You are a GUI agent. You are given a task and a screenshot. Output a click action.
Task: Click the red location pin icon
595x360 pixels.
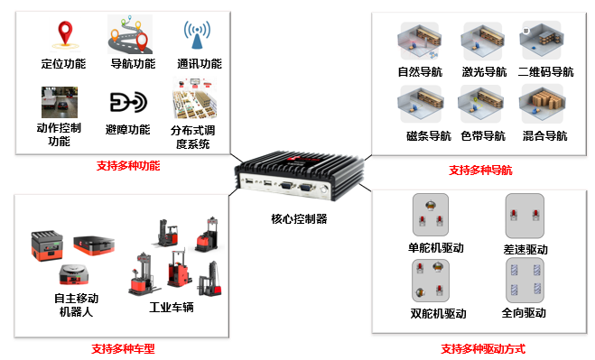pyautogui.click(x=63, y=34)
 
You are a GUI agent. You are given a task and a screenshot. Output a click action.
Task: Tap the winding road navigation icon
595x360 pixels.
pyautogui.click(x=132, y=34)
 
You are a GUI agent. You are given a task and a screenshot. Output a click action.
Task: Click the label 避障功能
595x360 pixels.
pyautogui.click(x=128, y=129)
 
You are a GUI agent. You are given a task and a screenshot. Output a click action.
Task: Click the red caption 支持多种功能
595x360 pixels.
pyautogui.click(x=128, y=166)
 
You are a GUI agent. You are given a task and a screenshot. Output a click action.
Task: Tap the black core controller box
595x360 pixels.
pyautogui.click(x=295, y=179)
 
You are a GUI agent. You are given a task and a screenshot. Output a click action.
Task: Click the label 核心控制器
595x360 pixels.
pyautogui.click(x=299, y=218)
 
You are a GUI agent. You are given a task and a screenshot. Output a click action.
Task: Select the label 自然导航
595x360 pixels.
pyautogui.click(x=421, y=72)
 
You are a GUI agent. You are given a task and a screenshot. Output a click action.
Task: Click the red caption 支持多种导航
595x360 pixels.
pyautogui.click(x=480, y=170)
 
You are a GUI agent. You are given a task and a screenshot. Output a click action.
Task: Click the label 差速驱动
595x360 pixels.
pyautogui.click(x=525, y=249)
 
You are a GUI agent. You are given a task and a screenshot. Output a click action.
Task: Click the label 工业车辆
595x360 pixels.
pyautogui.click(x=172, y=306)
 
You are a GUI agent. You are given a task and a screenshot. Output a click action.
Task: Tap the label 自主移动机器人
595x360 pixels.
pyautogui.click(x=76, y=305)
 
